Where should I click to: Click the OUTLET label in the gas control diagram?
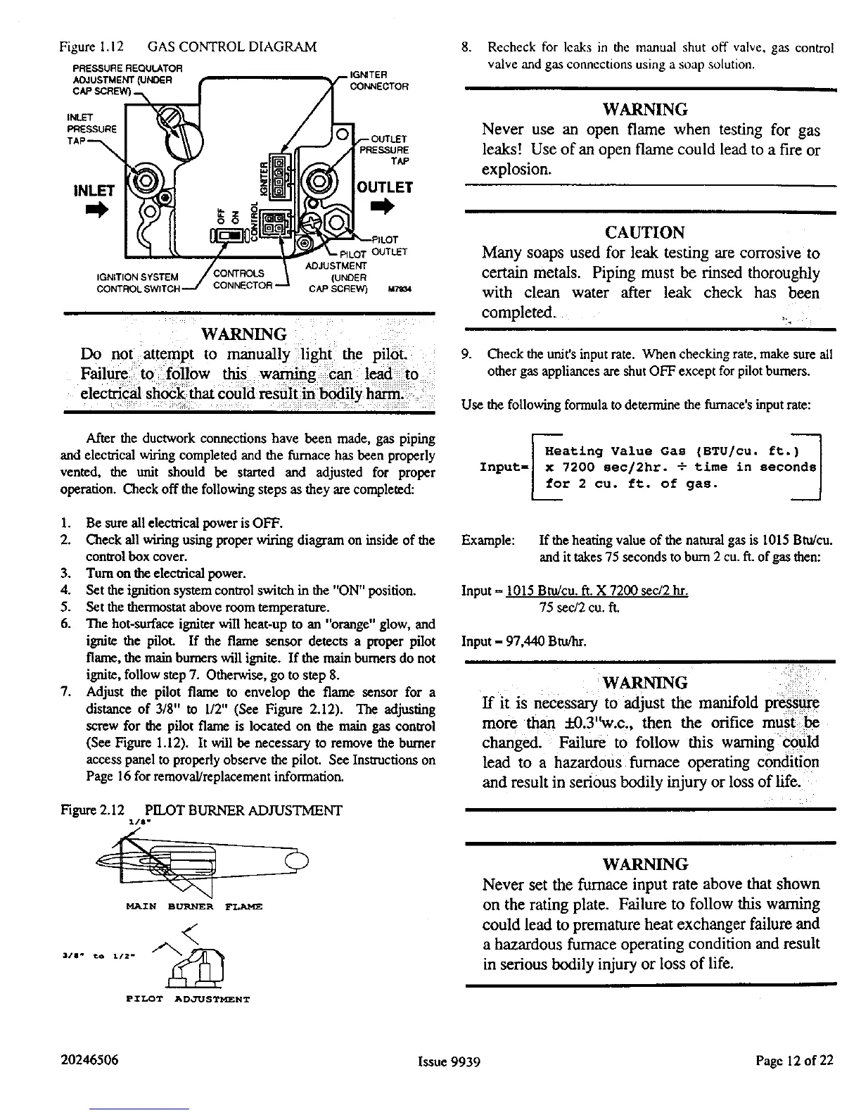pos(384,187)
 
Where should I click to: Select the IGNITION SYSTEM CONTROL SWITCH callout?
pos(138,282)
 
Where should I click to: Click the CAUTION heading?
pos(644,233)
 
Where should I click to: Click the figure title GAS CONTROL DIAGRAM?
pos(232,47)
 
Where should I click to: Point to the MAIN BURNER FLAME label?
pos(193,907)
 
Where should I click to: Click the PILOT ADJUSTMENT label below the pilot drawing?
pos(188,998)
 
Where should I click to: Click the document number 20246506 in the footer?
pos(90,1060)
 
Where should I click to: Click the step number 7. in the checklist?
pos(68,692)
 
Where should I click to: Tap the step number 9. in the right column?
pos(466,355)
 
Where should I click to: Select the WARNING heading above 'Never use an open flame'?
pos(645,110)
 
